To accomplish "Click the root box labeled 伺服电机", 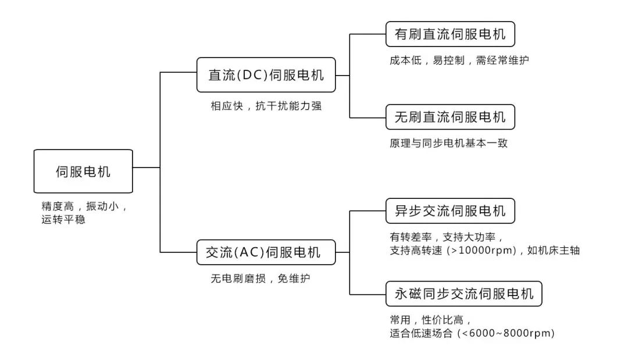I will [x=83, y=172].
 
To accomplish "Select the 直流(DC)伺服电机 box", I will [x=266, y=75].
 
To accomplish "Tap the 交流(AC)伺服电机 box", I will [x=266, y=252].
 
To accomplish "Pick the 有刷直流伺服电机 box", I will [x=450, y=34].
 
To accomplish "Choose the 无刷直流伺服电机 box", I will [x=450, y=117].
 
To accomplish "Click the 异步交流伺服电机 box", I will [x=450, y=211].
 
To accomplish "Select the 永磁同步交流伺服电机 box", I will [x=463, y=294].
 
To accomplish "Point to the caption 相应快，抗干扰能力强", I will [x=266, y=106].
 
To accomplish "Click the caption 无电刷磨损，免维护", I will [x=261, y=279].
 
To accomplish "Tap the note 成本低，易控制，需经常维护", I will [x=459, y=60].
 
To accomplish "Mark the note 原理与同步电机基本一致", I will [x=448, y=143].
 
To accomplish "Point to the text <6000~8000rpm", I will [x=505, y=334].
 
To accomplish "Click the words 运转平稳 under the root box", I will [x=63, y=220].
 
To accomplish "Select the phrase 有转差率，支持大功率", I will [x=445, y=237].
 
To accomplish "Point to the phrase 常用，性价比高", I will [x=430, y=320].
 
